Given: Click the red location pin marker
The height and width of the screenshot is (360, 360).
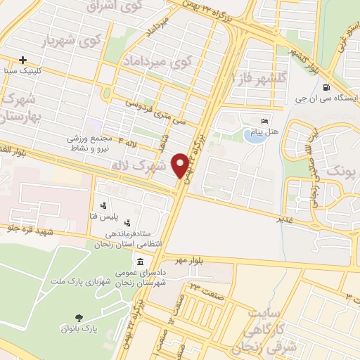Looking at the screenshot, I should tap(181, 165).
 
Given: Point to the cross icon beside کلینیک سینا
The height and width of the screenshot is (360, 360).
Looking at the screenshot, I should tap(24, 60).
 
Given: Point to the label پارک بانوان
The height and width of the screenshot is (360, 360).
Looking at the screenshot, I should tap(77, 328).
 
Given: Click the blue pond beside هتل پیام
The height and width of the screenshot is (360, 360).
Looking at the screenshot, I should tap(252, 134).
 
